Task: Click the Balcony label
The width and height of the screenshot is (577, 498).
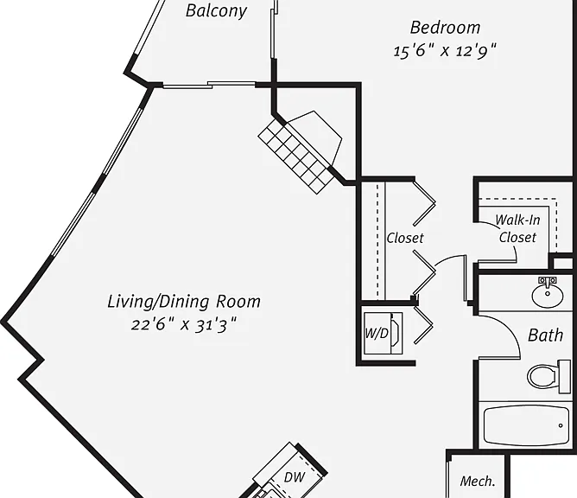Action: tap(216, 10)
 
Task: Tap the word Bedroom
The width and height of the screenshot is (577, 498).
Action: tap(445, 28)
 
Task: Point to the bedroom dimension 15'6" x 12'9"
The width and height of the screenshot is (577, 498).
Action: tap(445, 50)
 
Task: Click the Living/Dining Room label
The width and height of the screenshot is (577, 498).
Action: tap(184, 301)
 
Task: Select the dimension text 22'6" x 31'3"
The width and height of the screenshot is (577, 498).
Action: tap(184, 325)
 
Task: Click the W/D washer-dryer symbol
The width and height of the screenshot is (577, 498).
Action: tap(383, 334)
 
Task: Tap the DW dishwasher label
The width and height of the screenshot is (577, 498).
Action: tap(294, 477)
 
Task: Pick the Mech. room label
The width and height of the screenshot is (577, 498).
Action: tap(478, 481)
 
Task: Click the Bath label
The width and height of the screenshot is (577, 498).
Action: tap(545, 335)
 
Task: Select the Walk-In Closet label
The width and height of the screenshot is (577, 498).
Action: tap(517, 229)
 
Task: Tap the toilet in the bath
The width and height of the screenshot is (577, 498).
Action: tap(545, 376)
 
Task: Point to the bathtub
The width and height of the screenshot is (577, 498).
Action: tap(526, 425)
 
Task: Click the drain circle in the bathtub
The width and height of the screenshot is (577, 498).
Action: tap(561, 425)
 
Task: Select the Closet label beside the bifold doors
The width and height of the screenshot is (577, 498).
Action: tap(405, 238)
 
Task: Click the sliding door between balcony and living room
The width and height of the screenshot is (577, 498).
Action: tap(209, 85)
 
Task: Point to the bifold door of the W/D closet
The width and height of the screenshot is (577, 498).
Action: tap(423, 325)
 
